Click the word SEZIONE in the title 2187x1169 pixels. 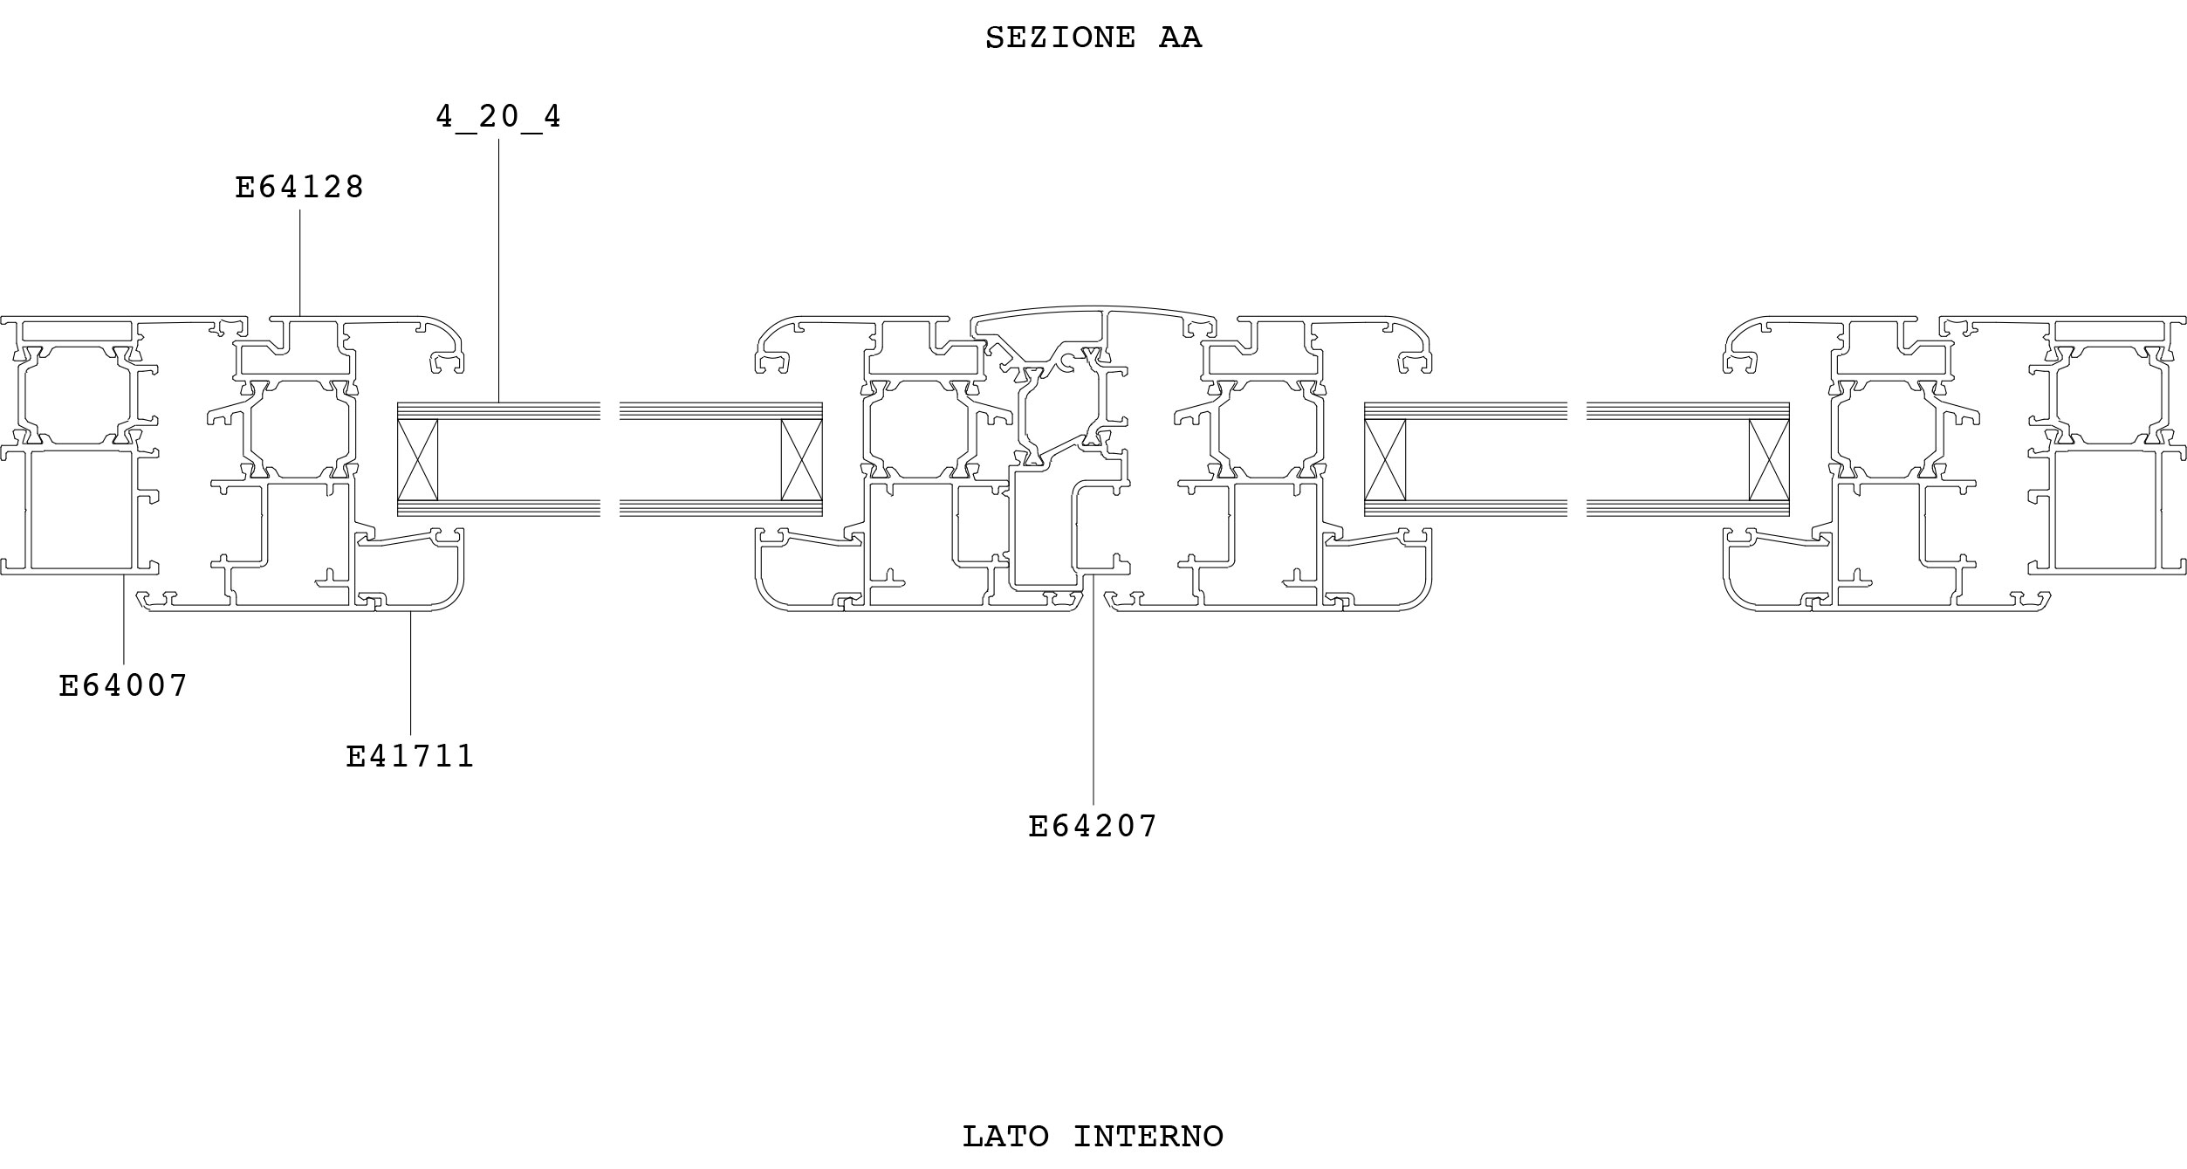(x=1060, y=38)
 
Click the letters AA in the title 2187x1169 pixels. (x=1181, y=38)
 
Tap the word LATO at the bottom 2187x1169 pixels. (x=1005, y=1137)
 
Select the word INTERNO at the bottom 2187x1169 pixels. (x=1148, y=1137)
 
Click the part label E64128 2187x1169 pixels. (x=299, y=187)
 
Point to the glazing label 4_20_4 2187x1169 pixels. (x=498, y=117)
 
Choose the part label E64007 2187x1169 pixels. (x=123, y=685)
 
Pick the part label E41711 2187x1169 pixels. (x=410, y=756)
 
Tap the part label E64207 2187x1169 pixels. (x=1093, y=826)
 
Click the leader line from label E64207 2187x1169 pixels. (x=1093, y=689)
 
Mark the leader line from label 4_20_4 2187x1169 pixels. (x=499, y=271)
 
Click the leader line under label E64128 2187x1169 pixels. (x=300, y=262)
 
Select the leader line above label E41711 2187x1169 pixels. (x=411, y=673)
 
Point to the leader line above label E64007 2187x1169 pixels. (x=124, y=619)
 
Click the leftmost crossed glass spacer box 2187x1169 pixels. (x=417, y=459)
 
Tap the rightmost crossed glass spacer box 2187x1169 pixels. (x=1769, y=459)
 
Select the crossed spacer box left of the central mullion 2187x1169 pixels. (x=802, y=459)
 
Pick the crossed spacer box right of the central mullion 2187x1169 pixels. (x=1385, y=459)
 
